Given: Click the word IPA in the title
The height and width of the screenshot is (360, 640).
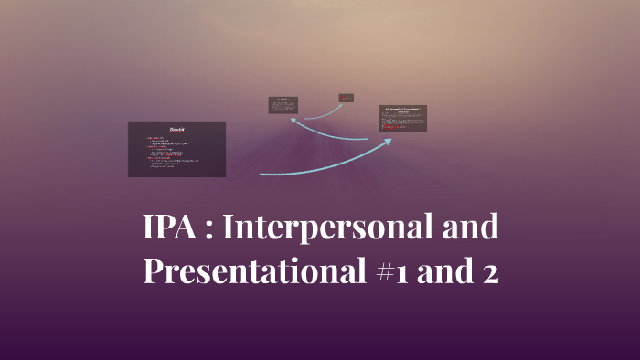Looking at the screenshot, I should click(171, 228).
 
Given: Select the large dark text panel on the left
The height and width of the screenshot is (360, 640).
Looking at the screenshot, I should click(176, 149).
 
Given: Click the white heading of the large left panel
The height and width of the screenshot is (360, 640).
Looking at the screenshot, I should click(177, 128).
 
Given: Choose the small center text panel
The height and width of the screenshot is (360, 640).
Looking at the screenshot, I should click(283, 105).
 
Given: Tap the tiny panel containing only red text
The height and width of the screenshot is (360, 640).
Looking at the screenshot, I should click(347, 97).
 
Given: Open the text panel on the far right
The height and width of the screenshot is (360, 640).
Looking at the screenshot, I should click(402, 119).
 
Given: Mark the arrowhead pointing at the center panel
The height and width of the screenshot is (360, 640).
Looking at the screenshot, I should click(293, 118).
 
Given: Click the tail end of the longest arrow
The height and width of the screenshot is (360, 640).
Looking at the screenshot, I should click(261, 173).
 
